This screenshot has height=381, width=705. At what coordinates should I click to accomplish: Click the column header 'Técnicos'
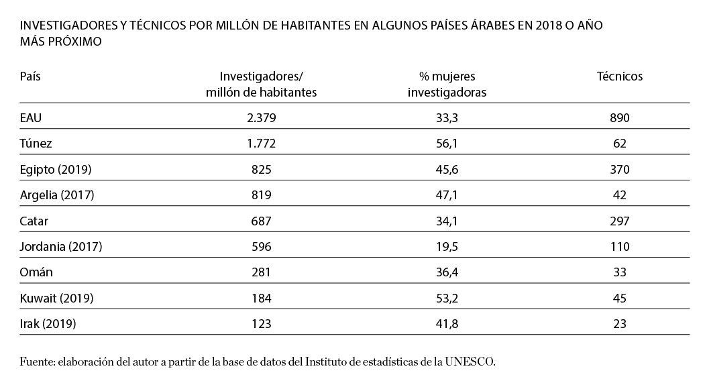pyautogui.click(x=619, y=76)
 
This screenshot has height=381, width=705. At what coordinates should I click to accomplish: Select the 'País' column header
pyautogui.click(x=31, y=76)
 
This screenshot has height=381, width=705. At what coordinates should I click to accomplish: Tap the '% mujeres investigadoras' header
pyautogui.click(x=447, y=84)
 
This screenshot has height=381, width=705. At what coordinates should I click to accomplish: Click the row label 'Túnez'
pyautogui.click(x=36, y=144)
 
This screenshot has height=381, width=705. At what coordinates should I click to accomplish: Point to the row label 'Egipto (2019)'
pyautogui.click(x=56, y=170)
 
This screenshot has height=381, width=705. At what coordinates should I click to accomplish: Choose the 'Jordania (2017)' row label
pyautogui.click(x=61, y=247)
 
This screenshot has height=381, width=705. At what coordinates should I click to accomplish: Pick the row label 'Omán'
pyautogui.click(x=36, y=272)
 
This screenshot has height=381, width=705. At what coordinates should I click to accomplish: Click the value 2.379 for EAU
pyautogui.click(x=261, y=118)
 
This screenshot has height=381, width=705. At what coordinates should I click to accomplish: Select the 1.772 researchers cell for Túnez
pyautogui.click(x=261, y=144)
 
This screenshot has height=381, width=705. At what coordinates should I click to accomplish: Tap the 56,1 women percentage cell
pyautogui.click(x=447, y=144)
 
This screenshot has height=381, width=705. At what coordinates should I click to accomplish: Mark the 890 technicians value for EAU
pyautogui.click(x=619, y=118)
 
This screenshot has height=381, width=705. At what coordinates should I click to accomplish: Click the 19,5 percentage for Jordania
pyautogui.click(x=447, y=247)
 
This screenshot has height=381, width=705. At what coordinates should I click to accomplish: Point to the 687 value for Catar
pyautogui.click(x=261, y=221)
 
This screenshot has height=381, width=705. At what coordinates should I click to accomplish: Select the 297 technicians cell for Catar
pyautogui.click(x=619, y=221)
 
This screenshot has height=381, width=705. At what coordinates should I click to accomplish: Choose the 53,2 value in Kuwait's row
pyautogui.click(x=447, y=298)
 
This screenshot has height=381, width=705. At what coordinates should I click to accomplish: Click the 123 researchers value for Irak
pyautogui.click(x=261, y=324)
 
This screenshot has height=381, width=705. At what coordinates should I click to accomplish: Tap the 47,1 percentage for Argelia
pyautogui.click(x=447, y=195)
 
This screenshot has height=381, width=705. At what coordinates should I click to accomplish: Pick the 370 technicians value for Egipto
pyautogui.click(x=619, y=170)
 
